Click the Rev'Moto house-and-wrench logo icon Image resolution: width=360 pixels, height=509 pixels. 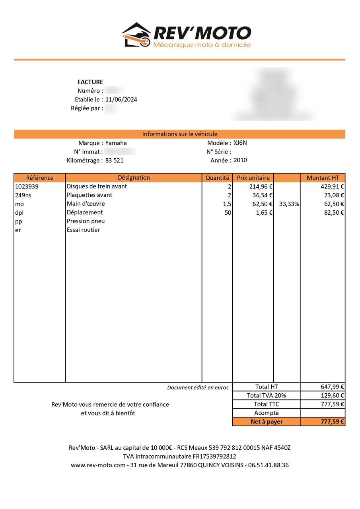coord(136,35)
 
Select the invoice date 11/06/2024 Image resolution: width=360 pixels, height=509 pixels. coord(121,99)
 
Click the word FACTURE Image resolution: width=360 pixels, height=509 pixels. coord(90,82)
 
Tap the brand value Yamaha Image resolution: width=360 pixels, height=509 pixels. coord(116,143)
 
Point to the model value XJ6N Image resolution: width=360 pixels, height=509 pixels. coord(240,143)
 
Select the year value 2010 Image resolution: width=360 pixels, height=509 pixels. coord(240,160)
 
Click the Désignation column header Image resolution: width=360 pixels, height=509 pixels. coord(134,178)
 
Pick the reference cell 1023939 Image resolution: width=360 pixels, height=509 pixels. coord(27,187)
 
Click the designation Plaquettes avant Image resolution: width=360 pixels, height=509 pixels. coord(90,195)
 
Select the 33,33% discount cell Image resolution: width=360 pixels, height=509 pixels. coord(290,204)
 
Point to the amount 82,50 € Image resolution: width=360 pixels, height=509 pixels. coord(333,213)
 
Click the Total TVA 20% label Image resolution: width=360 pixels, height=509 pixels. coord(266,396)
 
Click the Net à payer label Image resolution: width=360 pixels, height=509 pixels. coord(266,422)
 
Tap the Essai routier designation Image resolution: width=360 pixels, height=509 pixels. coord(84,230)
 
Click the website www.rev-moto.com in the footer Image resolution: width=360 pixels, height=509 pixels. coord(98,465)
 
